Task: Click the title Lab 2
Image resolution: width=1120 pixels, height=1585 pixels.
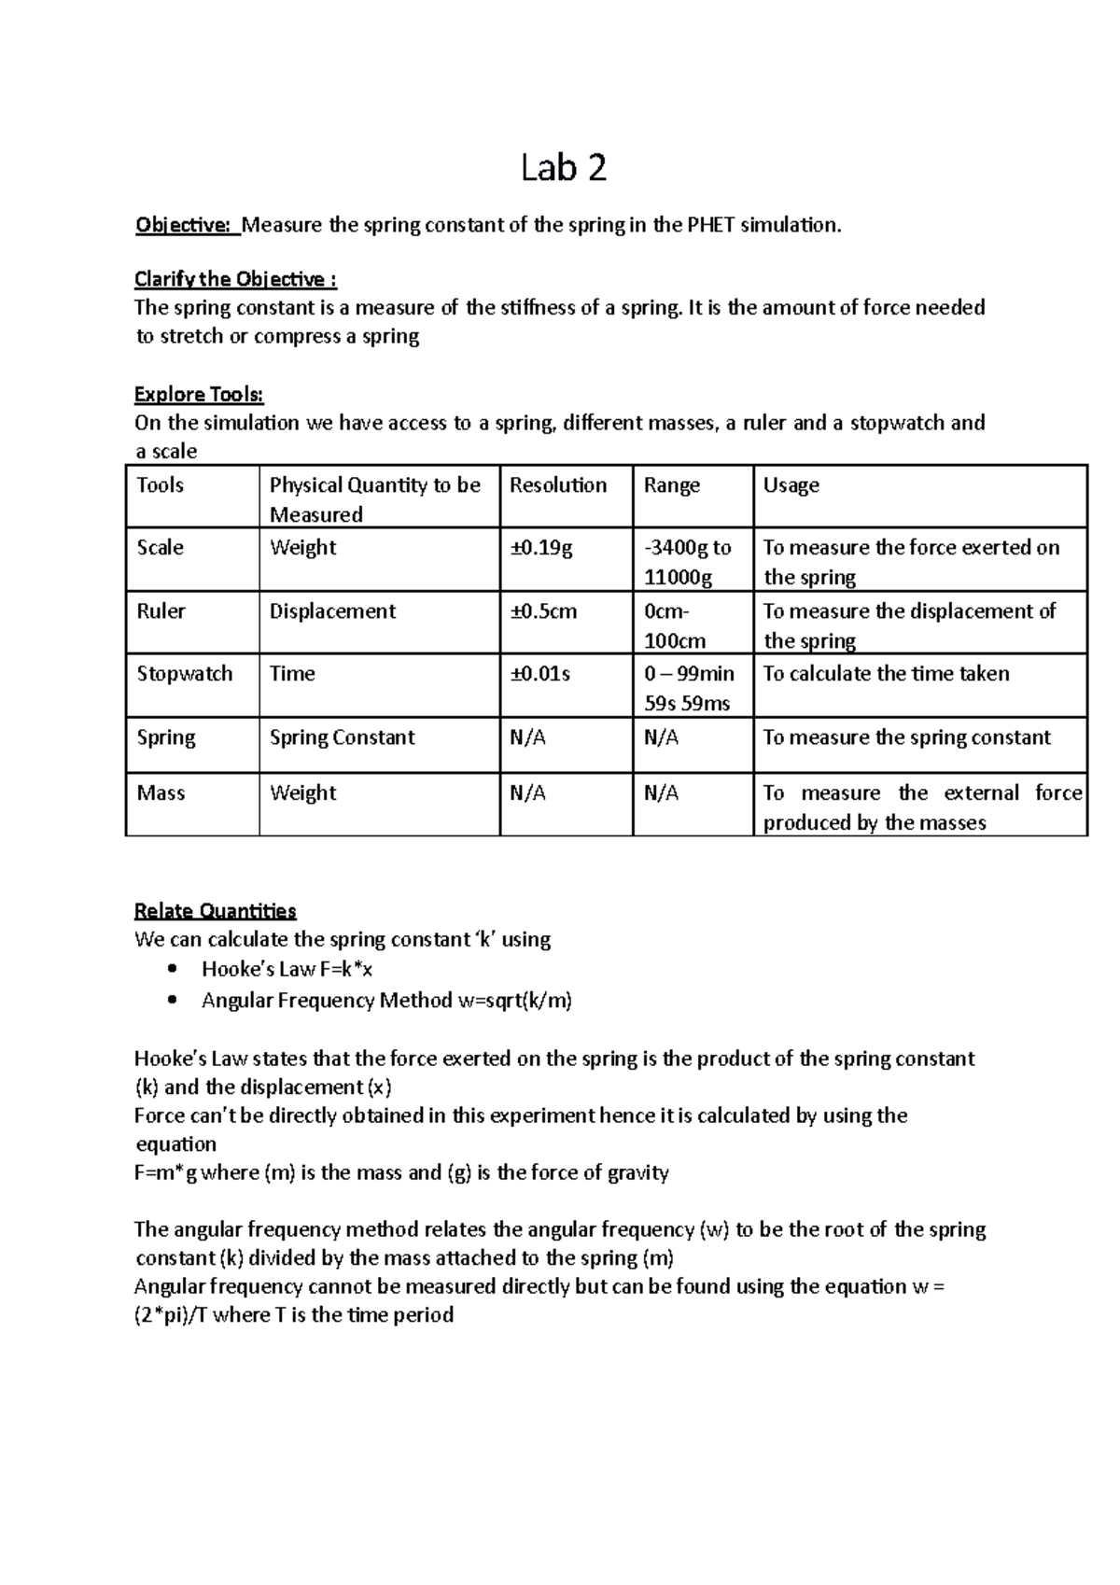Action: [564, 168]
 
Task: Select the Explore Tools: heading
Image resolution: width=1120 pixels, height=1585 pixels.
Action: [199, 394]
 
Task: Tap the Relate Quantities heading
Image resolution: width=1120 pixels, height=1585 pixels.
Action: [215, 910]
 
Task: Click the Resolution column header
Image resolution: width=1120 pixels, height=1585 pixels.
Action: [558, 485]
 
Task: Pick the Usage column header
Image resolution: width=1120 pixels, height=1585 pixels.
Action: [791, 485]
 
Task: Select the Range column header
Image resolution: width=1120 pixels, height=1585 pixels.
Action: [672, 485]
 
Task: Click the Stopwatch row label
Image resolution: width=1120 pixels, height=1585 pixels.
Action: [185, 674]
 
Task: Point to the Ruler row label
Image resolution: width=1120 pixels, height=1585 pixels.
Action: [161, 611]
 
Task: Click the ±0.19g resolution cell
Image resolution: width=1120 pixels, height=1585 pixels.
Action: [541, 548]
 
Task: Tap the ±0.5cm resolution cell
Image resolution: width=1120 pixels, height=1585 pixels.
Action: [543, 611]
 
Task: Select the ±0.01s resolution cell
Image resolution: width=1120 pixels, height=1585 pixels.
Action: [540, 674]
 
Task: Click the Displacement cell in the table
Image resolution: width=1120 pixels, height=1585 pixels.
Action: [332, 611]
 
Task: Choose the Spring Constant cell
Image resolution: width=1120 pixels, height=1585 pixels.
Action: [342, 737]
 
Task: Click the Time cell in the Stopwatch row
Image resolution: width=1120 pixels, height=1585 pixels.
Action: [292, 674]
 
